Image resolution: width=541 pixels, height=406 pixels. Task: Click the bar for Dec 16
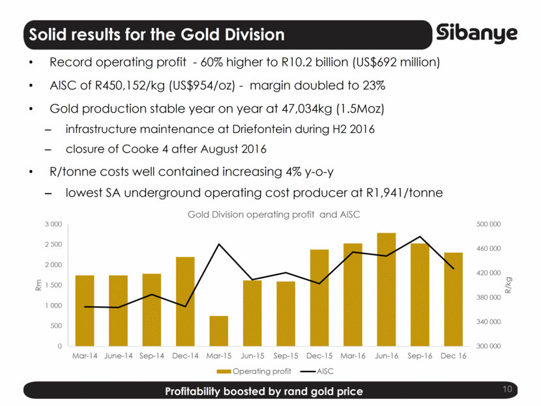click(453, 299)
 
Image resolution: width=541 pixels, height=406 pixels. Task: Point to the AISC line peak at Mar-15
click(218, 244)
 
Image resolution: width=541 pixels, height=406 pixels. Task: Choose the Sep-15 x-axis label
click(285, 356)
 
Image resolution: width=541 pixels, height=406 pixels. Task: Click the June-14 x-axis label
click(118, 356)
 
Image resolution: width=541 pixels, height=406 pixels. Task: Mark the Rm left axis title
click(38, 285)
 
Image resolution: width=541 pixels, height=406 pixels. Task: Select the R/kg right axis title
click(508, 285)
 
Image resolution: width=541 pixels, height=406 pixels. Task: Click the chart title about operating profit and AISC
click(274, 214)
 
